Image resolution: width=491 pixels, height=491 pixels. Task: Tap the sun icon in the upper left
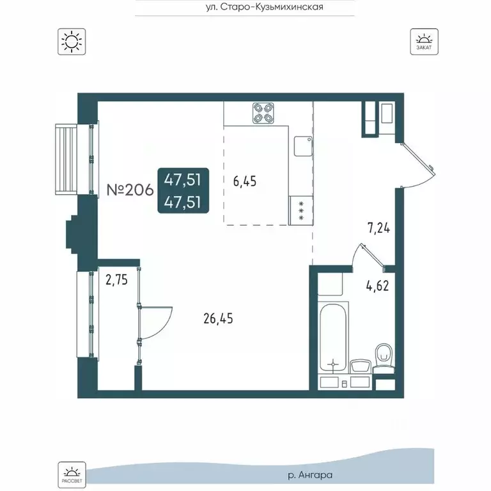(72, 42)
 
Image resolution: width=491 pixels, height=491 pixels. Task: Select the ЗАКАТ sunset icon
(425, 42)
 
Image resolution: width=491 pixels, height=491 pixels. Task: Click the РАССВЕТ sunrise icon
(72, 475)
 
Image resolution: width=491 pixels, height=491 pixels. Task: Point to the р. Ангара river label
(310, 475)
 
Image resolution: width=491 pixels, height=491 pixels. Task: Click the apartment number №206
(130, 190)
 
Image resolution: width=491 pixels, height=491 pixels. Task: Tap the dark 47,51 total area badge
(183, 191)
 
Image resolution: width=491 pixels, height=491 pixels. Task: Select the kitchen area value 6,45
(245, 182)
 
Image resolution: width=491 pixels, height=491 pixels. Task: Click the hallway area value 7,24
(379, 228)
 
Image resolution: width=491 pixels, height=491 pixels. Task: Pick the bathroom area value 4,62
(378, 286)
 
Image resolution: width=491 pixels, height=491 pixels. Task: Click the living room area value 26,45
(218, 318)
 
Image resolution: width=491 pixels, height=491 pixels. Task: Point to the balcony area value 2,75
(117, 279)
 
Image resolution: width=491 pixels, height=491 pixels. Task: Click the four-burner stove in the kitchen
(263, 113)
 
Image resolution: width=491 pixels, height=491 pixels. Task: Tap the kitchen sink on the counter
(303, 146)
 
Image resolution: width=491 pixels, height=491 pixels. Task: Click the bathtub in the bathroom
(334, 338)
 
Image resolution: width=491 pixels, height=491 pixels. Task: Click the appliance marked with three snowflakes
(301, 210)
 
